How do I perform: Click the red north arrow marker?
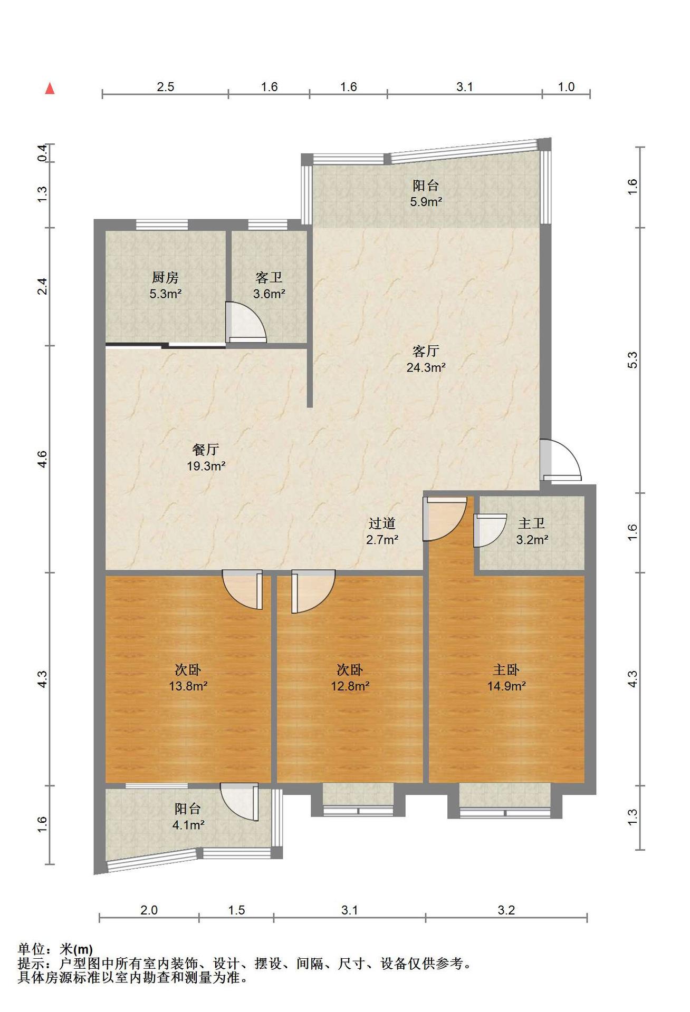pos(50,89)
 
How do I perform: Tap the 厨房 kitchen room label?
pos(165,277)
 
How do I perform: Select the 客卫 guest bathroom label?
pos(269,277)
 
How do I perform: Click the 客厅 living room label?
pos(426,351)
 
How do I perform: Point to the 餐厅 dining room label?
pos(206,450)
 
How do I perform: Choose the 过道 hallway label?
pos(382,523)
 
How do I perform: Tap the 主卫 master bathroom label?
pos(532,523)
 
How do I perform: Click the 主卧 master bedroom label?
pos(506,670)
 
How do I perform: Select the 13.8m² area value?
pos(188,686)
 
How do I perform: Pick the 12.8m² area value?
pos(350,686)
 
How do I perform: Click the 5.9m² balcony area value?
pos(426,201)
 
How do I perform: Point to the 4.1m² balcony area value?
pos(188,825)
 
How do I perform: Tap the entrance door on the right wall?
pos(560,460)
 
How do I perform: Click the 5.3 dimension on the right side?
pos(632,360)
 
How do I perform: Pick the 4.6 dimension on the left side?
pos(43,459)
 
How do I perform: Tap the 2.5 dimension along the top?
pos(165,87)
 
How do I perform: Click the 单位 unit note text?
pos(32,949)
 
